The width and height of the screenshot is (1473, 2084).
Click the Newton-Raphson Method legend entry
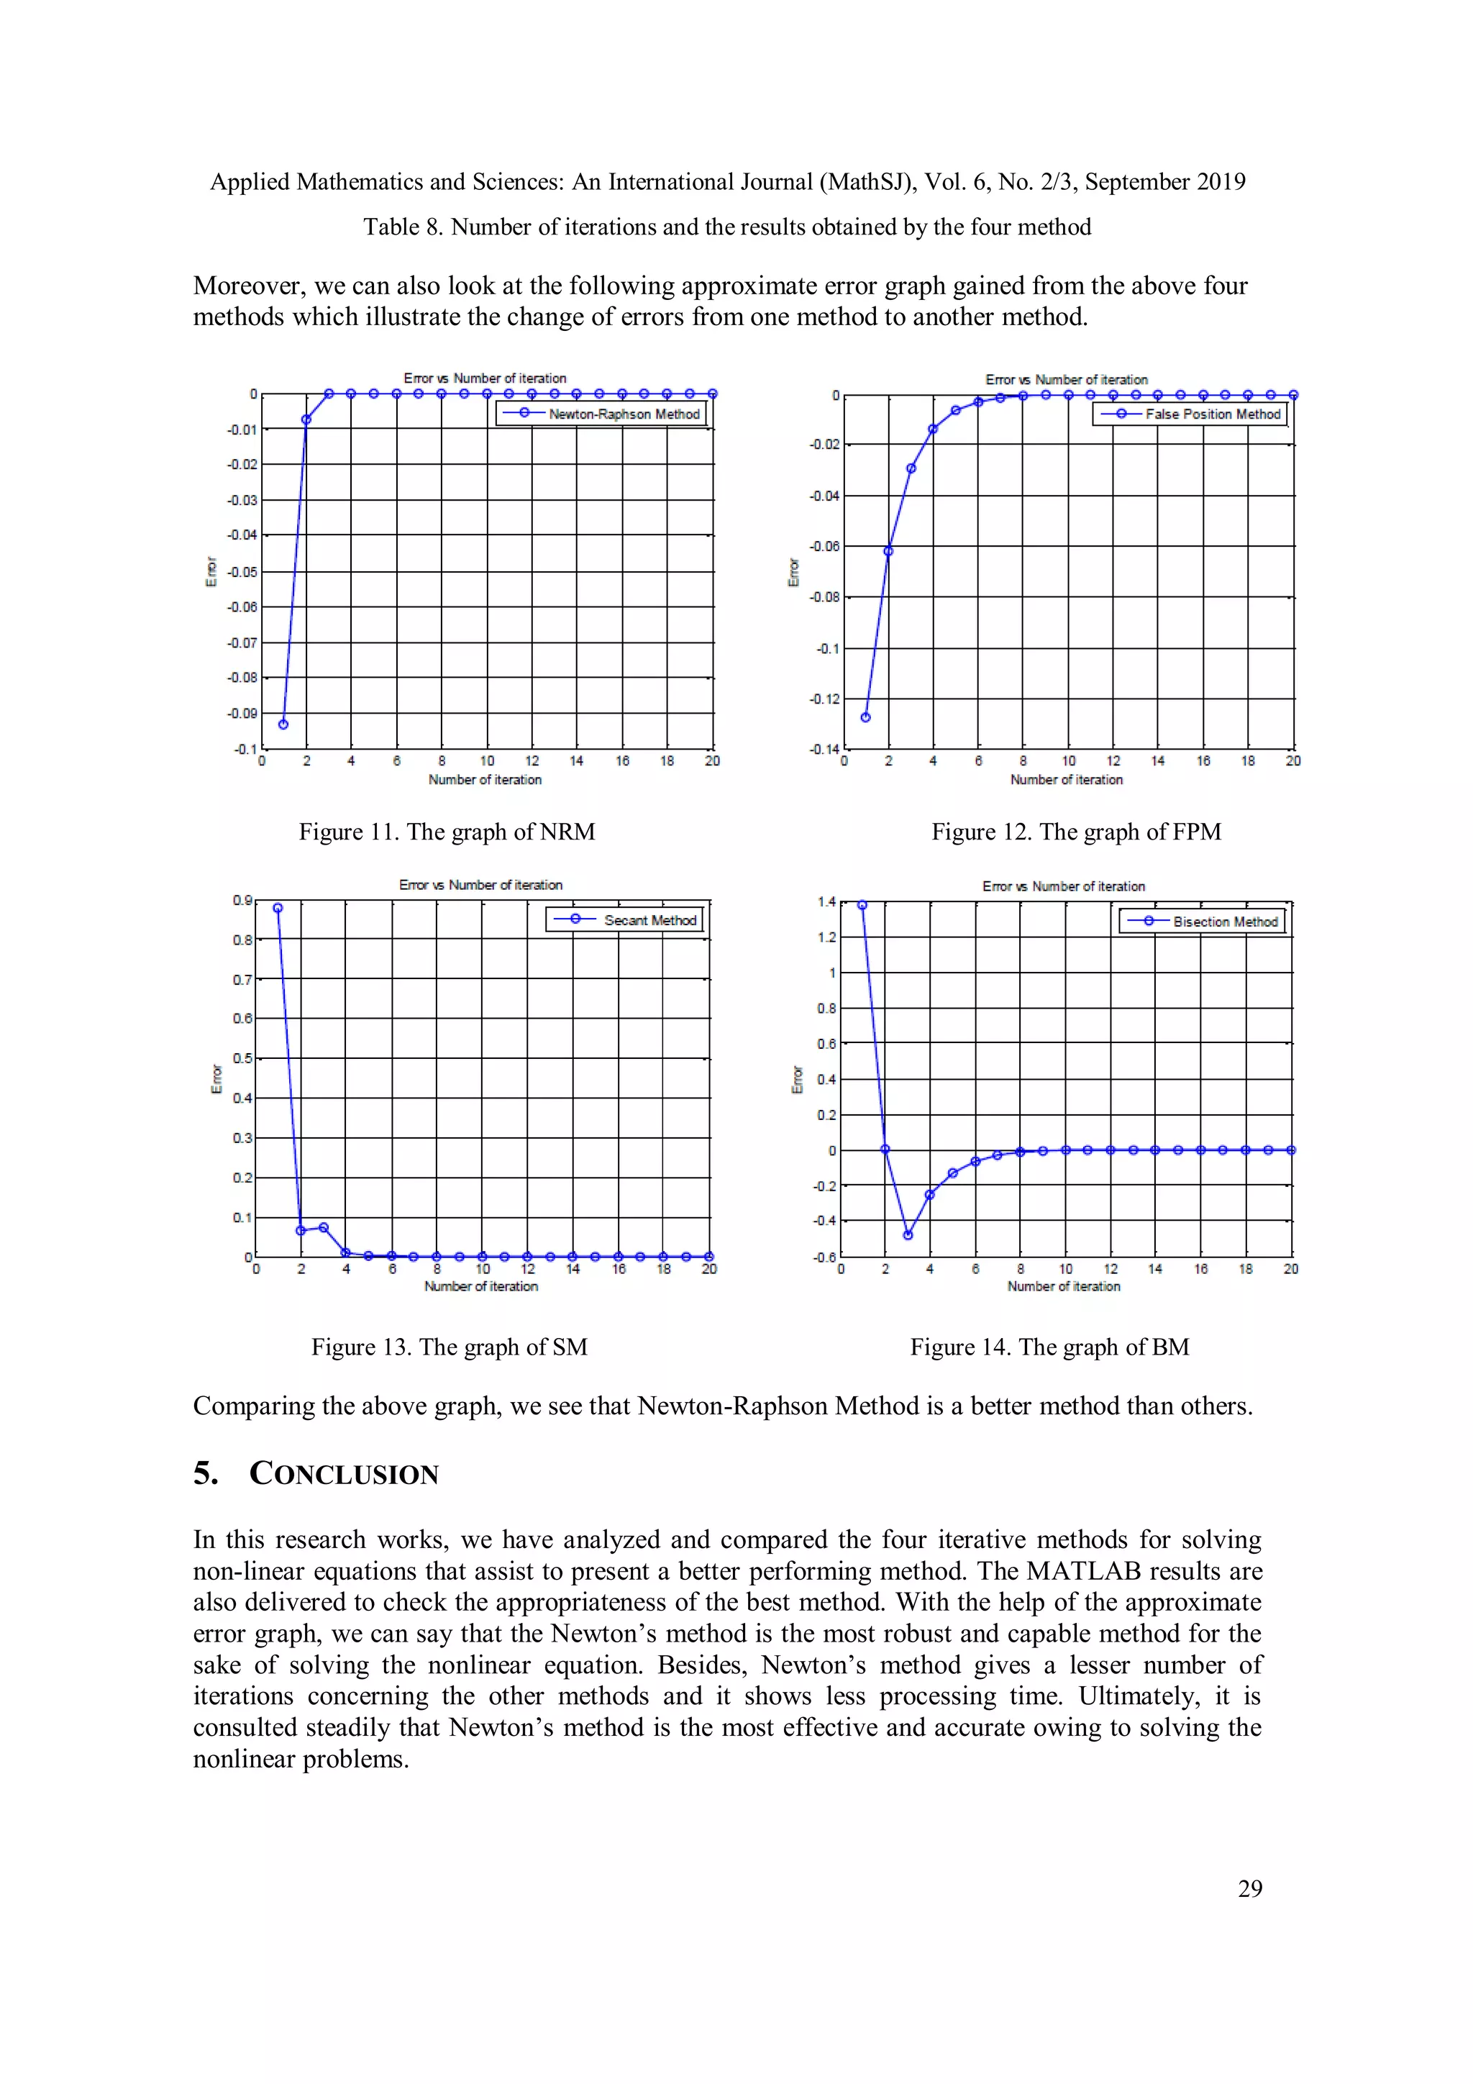(624, 414)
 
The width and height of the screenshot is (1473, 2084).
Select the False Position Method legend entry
(1212, 414)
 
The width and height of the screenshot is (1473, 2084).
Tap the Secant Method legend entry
(649, 920)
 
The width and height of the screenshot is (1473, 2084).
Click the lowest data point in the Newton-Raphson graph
(283, 724)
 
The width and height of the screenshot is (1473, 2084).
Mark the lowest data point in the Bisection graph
(908, 1234)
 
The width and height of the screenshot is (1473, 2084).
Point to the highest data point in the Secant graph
(278, 908)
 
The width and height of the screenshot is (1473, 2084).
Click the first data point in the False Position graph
(865, 717)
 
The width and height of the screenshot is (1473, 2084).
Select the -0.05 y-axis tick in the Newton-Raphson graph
(242, 572)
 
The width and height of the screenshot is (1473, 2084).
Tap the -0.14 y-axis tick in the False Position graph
(824, 750)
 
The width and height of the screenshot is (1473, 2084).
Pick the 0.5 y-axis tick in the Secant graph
(242, 1058)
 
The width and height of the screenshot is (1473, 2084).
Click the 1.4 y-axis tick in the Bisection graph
(826, 902)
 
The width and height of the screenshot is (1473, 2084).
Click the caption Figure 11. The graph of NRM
(447, 832)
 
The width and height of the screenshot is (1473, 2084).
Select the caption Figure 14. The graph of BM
(1049, 1347)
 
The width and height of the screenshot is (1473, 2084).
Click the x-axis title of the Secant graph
(481, 1286)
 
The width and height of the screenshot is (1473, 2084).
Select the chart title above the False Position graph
(1067, 379)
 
